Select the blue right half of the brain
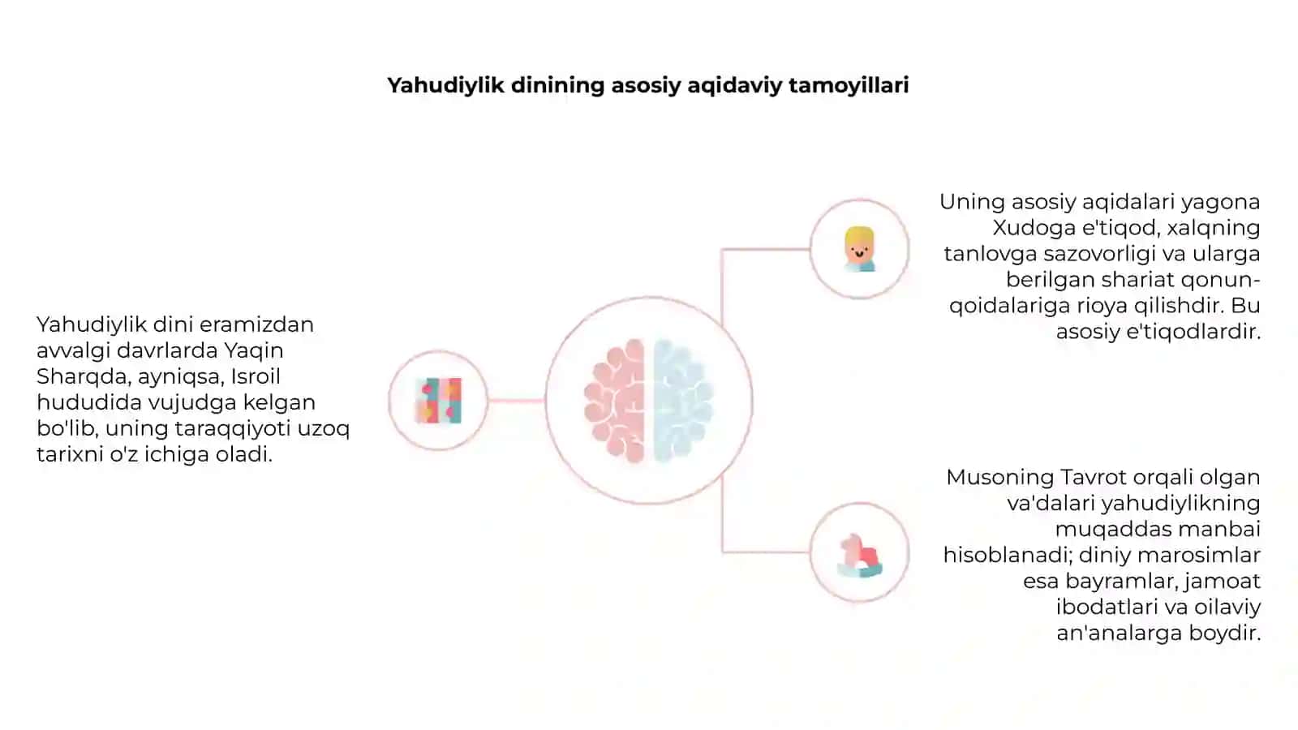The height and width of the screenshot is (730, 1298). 683,401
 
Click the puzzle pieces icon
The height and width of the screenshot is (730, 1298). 439,401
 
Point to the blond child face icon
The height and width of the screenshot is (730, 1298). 859,249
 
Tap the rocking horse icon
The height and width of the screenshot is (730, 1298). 859,556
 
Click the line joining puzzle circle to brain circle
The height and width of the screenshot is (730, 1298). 516,401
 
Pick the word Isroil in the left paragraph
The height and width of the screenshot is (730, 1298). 256,376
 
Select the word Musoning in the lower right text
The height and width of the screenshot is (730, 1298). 1000,478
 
